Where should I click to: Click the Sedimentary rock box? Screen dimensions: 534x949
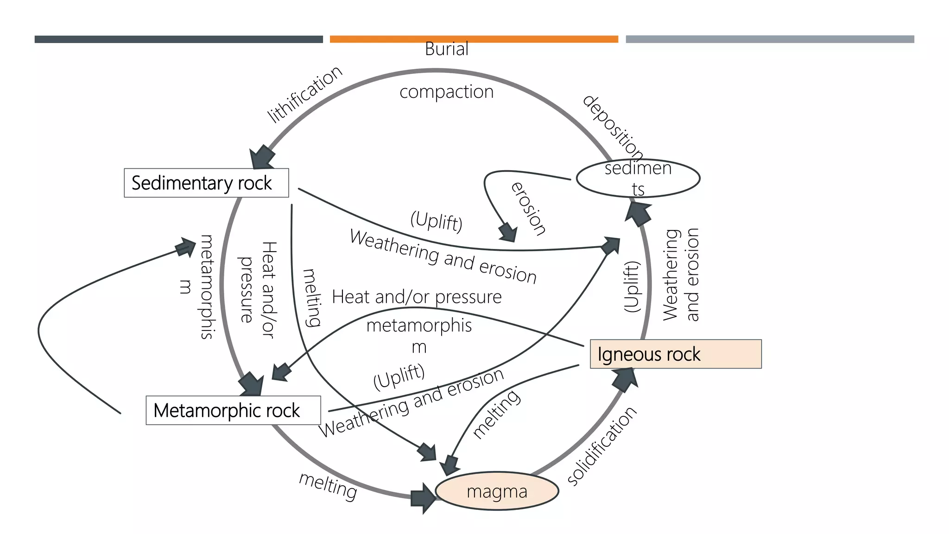pyautogui.click(x=206, y=183)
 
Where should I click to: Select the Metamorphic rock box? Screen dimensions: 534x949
pyautogui.click(x=233, y=410)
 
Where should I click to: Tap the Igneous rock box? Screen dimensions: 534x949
pyautogui.click(x=675, y=354)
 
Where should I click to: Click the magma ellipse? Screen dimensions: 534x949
pyautogui.click(x=497, y=491)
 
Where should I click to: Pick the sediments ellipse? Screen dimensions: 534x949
pyautogui.click(x=638, y=178)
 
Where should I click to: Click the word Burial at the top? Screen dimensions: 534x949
pyautogui.click(x=446, y=49)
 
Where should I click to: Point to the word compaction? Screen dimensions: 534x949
pyautogui.click(x=446, y=92)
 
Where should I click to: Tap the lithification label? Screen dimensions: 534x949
pyautogui.click(x=304, y=94)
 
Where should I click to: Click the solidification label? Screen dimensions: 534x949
pyautogui.click(x=602, y=446)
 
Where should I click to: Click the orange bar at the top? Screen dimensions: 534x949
pyautogui.click(x=474, y=39)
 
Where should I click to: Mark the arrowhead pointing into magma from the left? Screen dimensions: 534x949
pyautogui.click(x=423, y=498)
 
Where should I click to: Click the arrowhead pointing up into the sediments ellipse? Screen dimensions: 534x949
pyautogui.click(x=639, y=213)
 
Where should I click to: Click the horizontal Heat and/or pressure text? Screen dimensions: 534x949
pyautogui.click(x=417, y=297)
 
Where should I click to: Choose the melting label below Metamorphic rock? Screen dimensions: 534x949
pyautogui.click(x=328, y=486)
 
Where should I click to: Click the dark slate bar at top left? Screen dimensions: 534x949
pyautogui.click(x=178, y=39)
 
